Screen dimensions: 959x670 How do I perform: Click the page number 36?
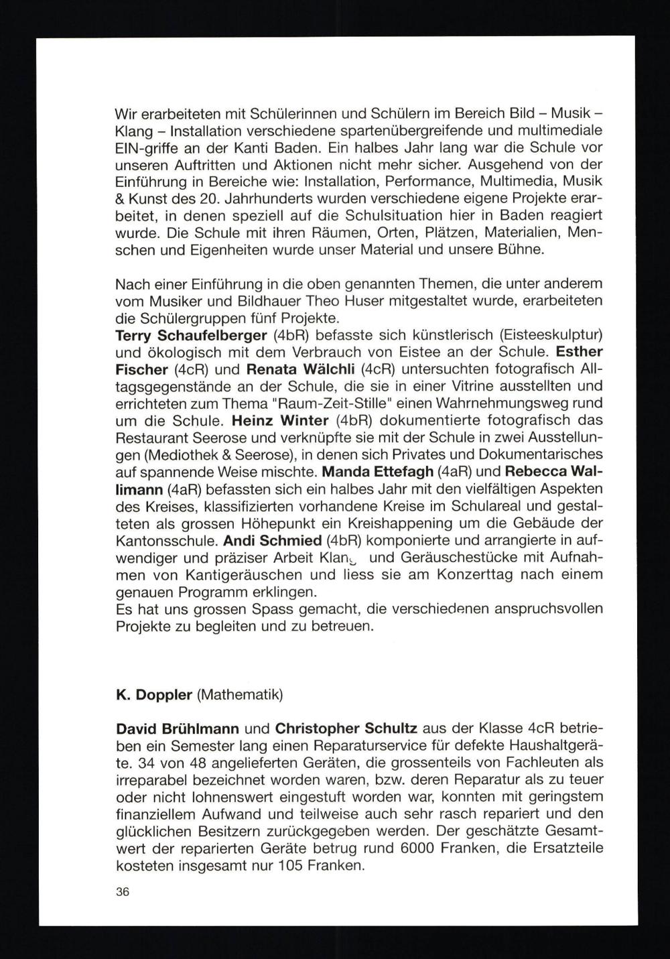[x=122, y=892]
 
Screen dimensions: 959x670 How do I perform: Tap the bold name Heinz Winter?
[x=279, y=421]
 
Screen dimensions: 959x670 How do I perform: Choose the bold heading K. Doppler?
[x=154, y=694]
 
